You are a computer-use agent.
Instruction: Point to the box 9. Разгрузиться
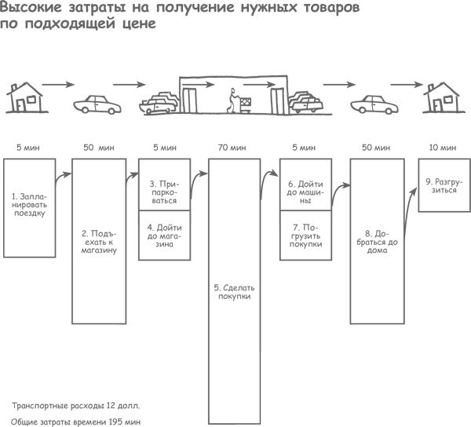pos(444,185)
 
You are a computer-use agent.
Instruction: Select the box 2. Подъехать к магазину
pos(98,241)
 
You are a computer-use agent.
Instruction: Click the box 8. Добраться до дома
pos(378,241)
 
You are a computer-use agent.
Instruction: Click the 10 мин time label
pos(444,148)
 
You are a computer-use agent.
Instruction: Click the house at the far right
pos(441,99)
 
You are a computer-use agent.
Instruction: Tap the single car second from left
pos(97,104)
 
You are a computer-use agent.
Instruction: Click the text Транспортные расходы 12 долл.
pos(76,406)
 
